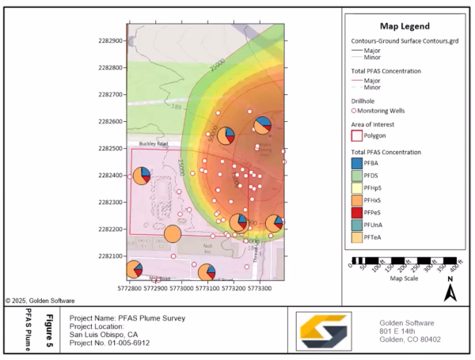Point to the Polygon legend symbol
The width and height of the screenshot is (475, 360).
tap(357, 135)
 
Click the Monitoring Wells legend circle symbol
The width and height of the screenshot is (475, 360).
tap(355, 110)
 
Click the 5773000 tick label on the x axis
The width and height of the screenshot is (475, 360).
tap(182, 290)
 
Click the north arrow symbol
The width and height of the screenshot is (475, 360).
tap(450, 290)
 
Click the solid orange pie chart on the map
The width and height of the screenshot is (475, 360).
tap(173, 234)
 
